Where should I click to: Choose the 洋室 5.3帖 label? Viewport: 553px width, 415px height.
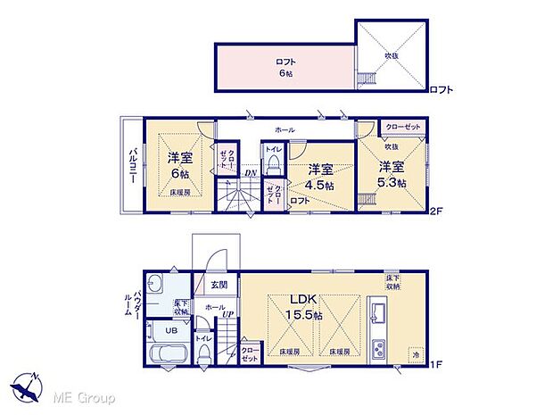pos(391,173)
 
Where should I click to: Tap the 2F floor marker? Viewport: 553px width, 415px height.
pos(436,212)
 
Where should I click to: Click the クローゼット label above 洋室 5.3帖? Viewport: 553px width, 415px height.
pos(403,128)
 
